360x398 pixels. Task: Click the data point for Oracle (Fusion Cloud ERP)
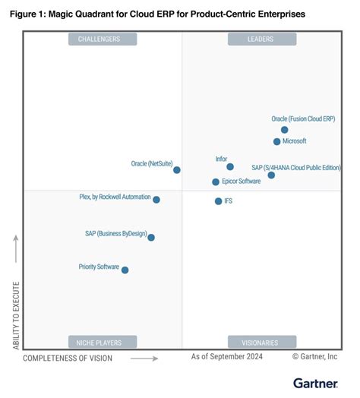click(285, 130)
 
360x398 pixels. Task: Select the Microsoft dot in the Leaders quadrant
click(277, 142)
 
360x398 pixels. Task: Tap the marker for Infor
click(230, 167)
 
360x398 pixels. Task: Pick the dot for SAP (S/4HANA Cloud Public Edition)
click(271, 175)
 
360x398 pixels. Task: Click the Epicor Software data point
click(216, 182)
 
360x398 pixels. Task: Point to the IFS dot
click(218, 201)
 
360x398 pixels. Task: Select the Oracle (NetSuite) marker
click(177, 170)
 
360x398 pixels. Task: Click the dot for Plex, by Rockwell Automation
click(156, 200)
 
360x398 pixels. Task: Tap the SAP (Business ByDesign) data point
click(151, 238)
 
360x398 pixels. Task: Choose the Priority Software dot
click(125, 270)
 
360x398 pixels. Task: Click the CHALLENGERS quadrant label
click(103, 39)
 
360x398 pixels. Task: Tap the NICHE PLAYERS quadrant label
click(103, 343)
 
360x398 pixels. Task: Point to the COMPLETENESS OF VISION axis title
click(68, 358)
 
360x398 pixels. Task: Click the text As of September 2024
click(227, 356)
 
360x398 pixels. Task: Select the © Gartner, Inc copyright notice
click(315, 356)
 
